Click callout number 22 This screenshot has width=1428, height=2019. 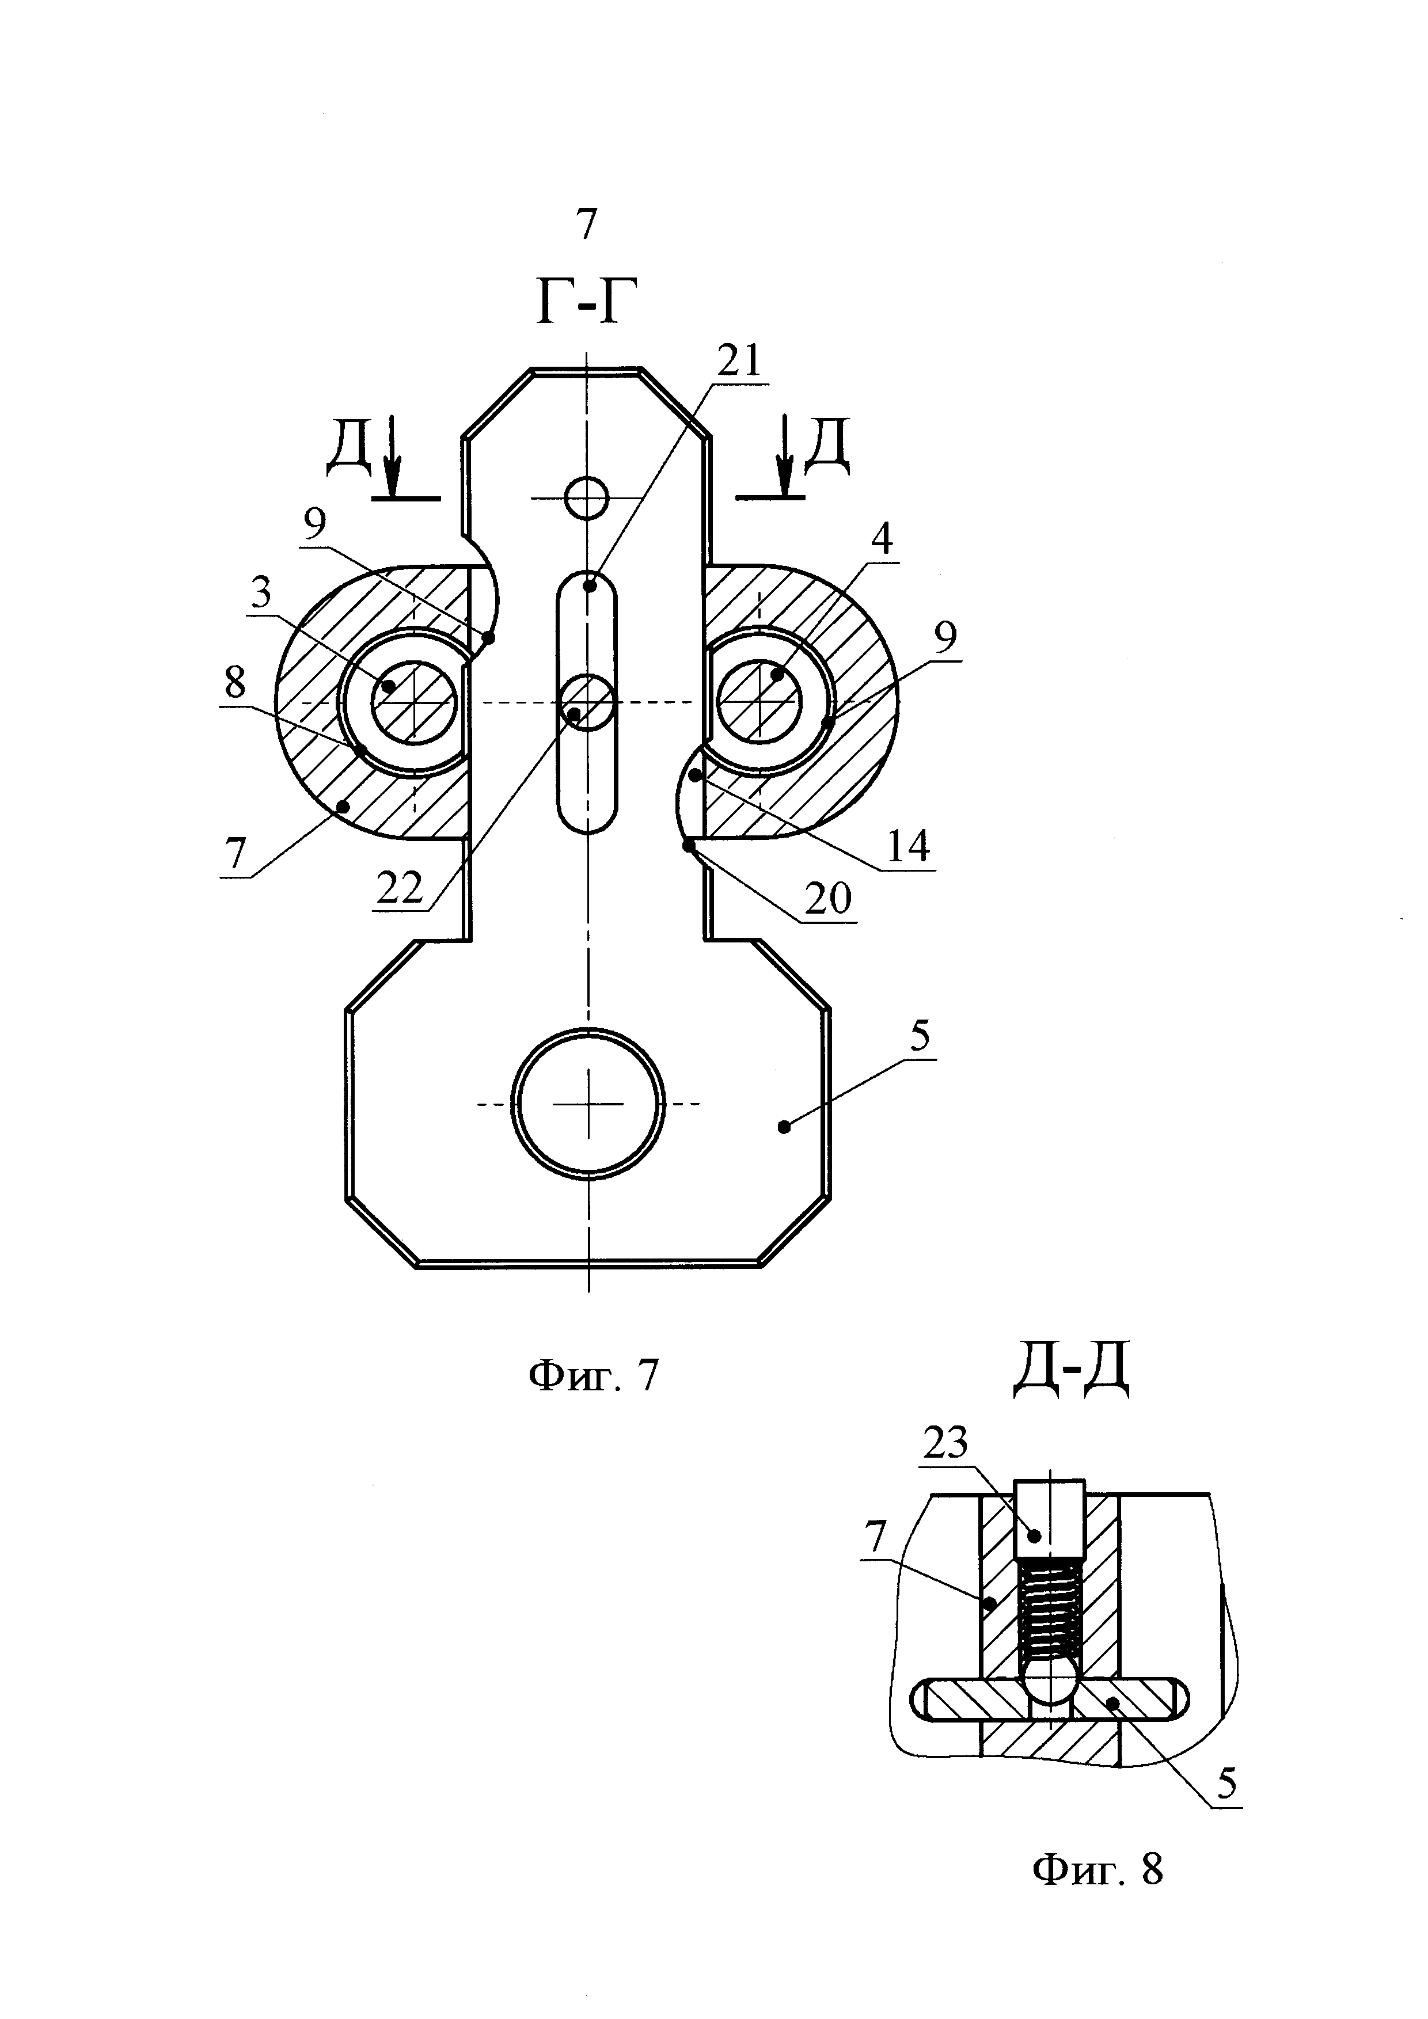pyautogui.click(x=400, y=889)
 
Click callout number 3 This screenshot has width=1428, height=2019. pyautogui.click(x=261, y=595)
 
